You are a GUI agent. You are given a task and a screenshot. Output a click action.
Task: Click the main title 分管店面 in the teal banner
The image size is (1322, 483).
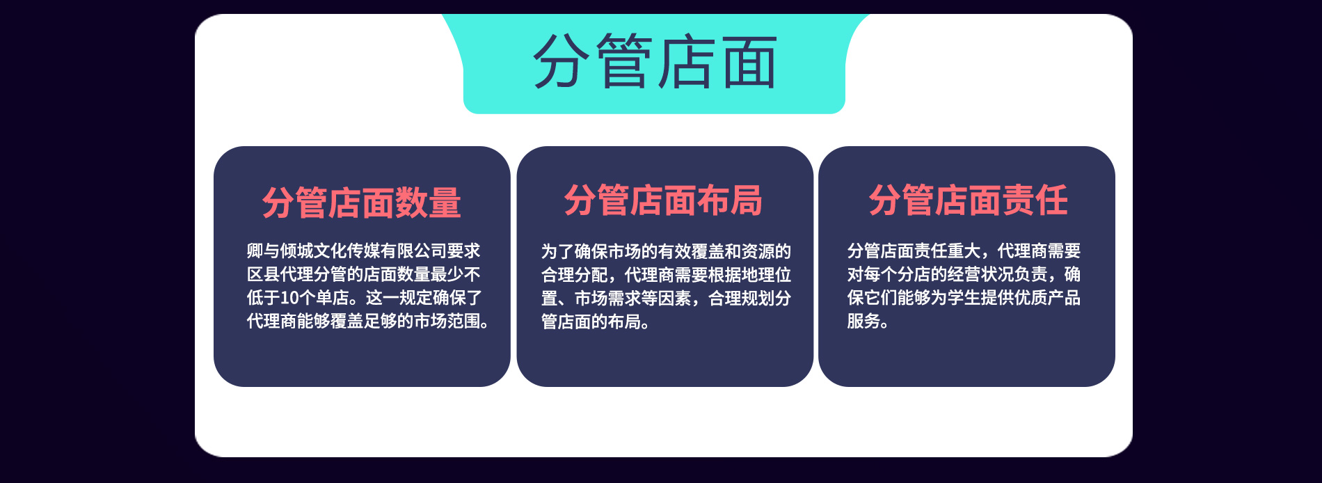(x=655, y=62)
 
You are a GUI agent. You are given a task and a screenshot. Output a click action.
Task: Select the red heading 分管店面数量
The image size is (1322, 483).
(x=362, y=203)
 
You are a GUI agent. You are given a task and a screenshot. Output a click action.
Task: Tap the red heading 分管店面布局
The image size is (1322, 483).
(x=663, y=200)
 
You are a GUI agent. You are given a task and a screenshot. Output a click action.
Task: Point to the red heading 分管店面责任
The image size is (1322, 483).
(x=968, y=200)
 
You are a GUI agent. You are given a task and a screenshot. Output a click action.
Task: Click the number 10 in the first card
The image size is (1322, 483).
(x=289, y=298)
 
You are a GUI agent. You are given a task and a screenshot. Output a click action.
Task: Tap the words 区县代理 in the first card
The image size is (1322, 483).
(x=280, y=274)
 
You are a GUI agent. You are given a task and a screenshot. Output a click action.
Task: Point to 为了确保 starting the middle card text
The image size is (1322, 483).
(x=575, y=251)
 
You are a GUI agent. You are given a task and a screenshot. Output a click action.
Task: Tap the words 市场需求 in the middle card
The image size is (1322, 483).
(x=608, y=299)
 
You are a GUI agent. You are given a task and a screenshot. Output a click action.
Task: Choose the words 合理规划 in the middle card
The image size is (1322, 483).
(x=742, y=299)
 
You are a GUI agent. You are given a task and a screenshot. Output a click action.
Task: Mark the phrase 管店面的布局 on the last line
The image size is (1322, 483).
(x=591, y=322)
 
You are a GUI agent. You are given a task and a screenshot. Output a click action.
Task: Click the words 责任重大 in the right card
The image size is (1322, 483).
(x=948, y=251)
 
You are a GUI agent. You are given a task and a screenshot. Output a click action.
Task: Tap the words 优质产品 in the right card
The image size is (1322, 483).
(x=1048, y=298)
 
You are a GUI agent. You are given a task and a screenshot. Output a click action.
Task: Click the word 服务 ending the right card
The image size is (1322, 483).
(x=863, y=322)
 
